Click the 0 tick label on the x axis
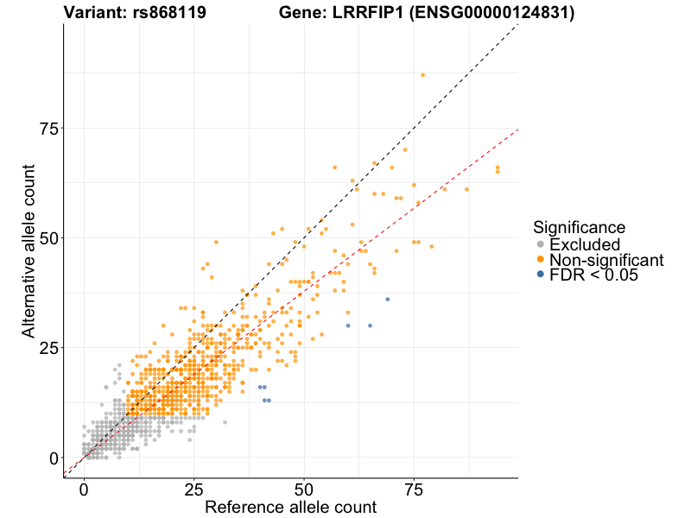point(84,490)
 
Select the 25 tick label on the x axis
point(193,490)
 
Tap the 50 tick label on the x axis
point(303,490)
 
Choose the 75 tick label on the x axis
point(413,490)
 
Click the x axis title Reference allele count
point(290,507)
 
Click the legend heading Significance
point(579,227)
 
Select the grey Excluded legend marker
point(541,244)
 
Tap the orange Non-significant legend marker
point(541,260)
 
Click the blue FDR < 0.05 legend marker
point(541,275)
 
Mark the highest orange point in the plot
point(422,75)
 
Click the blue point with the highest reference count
point(387,299)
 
